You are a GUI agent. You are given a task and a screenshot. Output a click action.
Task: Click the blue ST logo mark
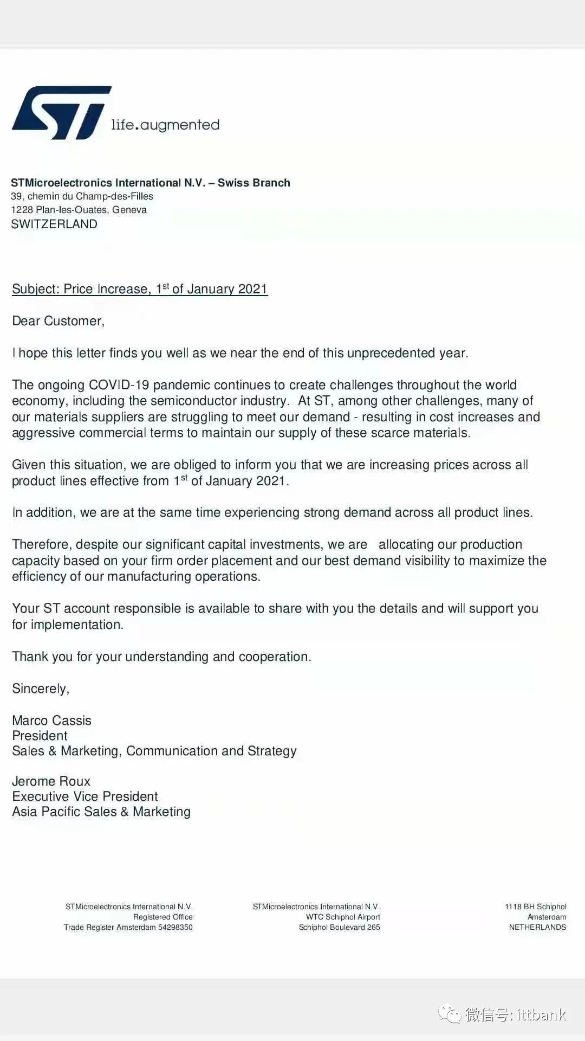(x=61, y=112)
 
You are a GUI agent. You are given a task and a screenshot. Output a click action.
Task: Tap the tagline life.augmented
(x=165, y=125)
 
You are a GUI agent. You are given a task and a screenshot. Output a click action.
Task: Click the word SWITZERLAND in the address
(x=54, y=224)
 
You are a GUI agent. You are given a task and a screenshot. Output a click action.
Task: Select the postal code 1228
(x=22, y=210)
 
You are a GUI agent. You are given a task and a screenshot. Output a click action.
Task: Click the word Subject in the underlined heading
(x=35, y=289)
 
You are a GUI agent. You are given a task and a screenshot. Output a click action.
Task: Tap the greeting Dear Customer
(x=58, y=321)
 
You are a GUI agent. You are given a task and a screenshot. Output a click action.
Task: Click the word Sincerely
(x=40, y=689)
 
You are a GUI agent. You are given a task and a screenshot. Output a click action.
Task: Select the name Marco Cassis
(x=51, y=721)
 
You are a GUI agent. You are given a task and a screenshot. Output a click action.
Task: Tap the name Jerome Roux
(x=51, y=781)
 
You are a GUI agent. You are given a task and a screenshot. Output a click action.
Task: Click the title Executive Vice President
(x=85, y=796)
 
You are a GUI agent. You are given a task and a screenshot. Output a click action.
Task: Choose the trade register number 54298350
(x=175, y=927)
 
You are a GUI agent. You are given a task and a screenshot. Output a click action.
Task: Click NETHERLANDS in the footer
(x=537, y=927)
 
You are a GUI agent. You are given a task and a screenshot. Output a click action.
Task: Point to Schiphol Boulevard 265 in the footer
(x=340, y=927)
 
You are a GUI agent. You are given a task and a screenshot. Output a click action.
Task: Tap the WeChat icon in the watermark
(x=450, y=1014)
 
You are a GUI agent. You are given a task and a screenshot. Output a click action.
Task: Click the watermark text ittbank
(x=541, y=1014)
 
